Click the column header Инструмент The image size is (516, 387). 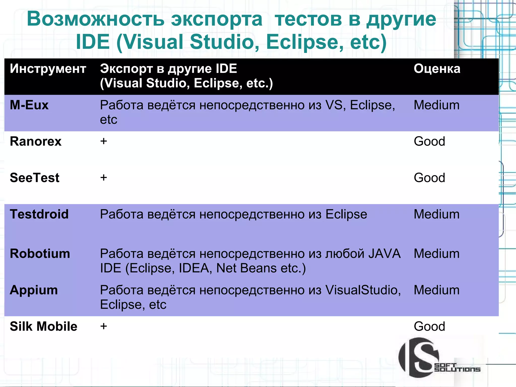pyautogui.click(x=48, y=69)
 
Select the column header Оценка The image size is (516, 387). pyautogui.click(x=437, y=69)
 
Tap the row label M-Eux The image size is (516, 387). pyautogui.click(x=29, y=105)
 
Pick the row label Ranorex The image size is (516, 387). pyautogui.click(x=36, y=141)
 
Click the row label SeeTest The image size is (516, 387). pyautogui.click(x=35, y=178)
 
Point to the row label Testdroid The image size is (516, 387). pyautogui.click(x=39, y=214)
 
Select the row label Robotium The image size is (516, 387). pyautogui.click(x=40, y=254)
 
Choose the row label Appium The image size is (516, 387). pyautogui.click(x=34, y=290)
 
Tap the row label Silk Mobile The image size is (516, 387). pyautogui.click(x=44, y=326)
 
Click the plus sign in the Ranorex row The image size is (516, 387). pyautogui.click(x=104, y=141)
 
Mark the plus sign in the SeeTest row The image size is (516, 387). pyautogui.click(x=104, y=178)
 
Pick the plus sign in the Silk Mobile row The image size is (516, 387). pyautogui.click(x=104, y=326)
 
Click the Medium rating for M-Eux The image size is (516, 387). pyautogui.click(x=437, y=105)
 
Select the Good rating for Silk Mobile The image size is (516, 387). pyautogui.click(x=429, y=326)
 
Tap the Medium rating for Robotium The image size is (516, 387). pyautogui.click(x=437, y=254)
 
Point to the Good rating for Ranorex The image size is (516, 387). pyautogui.click(x=429, y=141)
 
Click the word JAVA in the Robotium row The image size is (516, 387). pyautogui.click(x=384, y=254)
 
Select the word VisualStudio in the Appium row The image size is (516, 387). pyautogui.click(x=363, y=290)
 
